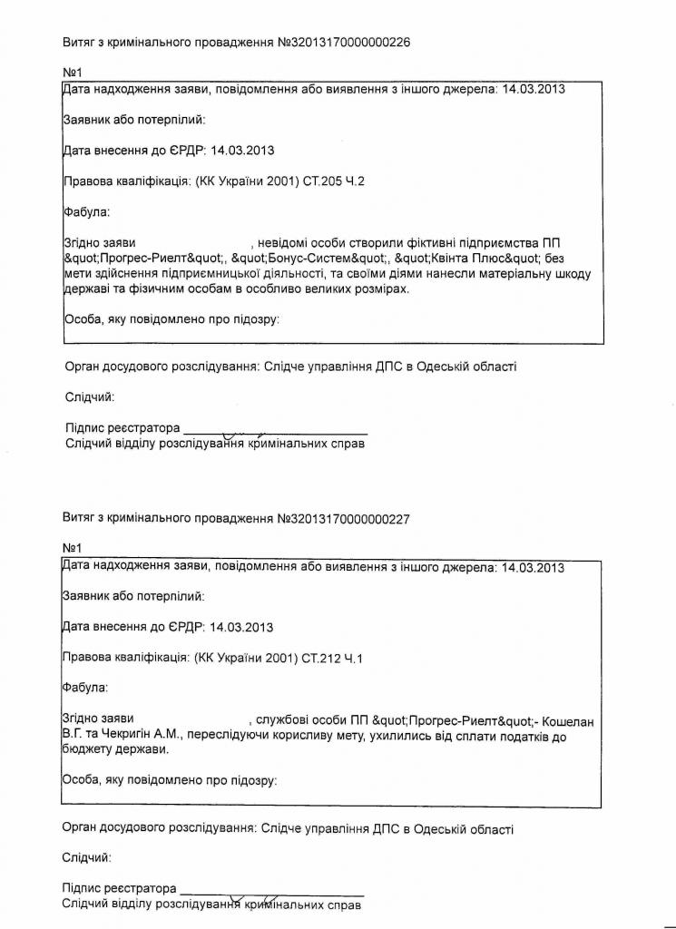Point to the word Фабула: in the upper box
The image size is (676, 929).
pyautogui.click(x=85, y=212)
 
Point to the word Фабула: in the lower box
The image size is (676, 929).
pyautogui.click(x=84, y=688)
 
